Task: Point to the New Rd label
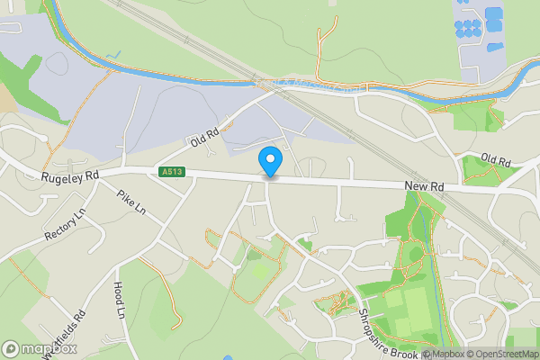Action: (x=425, y=185)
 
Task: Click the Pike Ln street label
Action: (x=131, y=203)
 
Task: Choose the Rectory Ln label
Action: (x=65, y=225)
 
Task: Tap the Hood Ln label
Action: (x=119, y=301)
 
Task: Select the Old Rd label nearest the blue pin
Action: (x=205, y=138)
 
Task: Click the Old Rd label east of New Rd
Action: (x=495, y=160)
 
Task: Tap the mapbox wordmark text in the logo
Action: (x=49, y=349)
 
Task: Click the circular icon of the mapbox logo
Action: (x=11, y=349)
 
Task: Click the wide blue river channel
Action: (x=180, y=76)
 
